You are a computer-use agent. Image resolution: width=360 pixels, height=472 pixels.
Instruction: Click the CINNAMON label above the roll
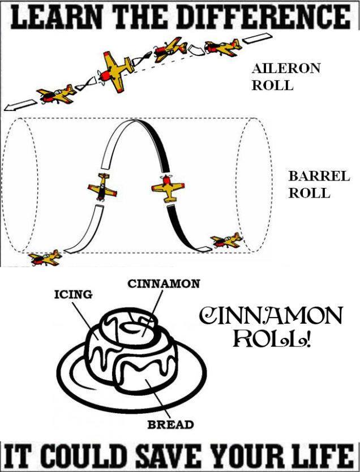click(163, 283)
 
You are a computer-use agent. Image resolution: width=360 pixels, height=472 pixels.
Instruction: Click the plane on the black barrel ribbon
click(168, 187)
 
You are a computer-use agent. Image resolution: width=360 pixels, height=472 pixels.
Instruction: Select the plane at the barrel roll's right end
click(228, 242)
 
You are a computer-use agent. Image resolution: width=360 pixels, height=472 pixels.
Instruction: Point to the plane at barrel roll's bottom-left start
click(45, 258)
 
